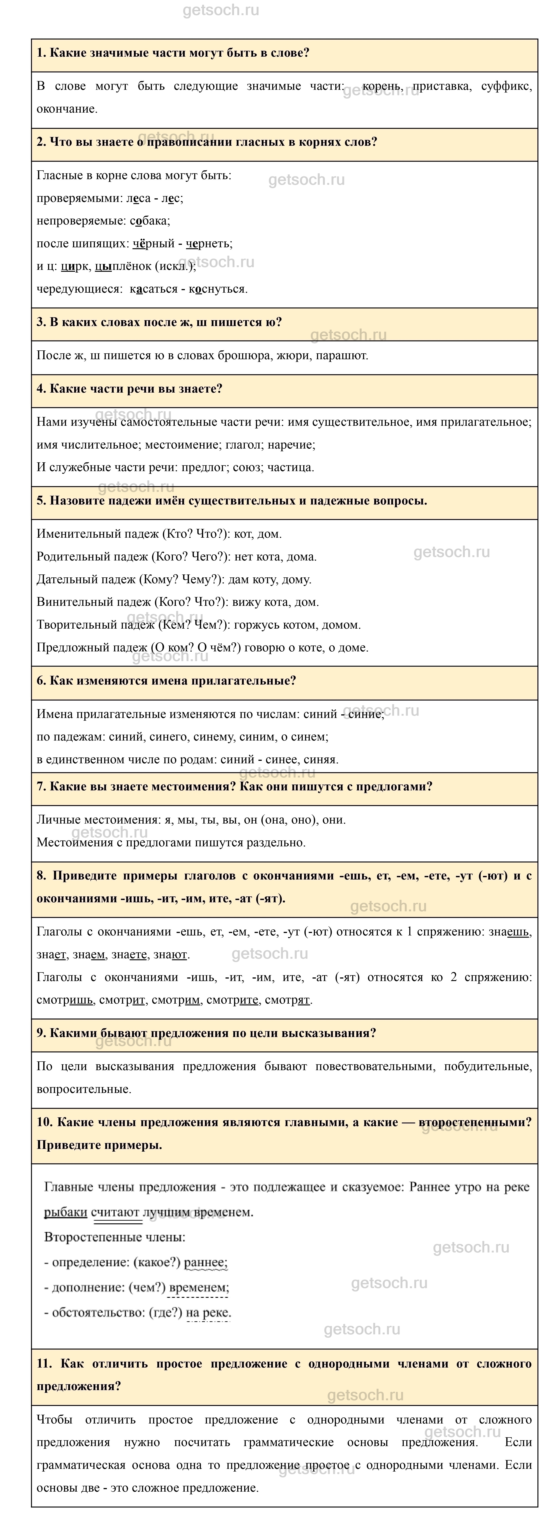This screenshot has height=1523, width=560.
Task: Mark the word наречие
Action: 292,444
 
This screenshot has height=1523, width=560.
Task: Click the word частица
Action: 291,467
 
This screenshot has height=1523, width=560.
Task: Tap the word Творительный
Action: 74,624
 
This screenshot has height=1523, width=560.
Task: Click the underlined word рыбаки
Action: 66,1212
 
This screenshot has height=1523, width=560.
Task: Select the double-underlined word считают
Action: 117,1212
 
